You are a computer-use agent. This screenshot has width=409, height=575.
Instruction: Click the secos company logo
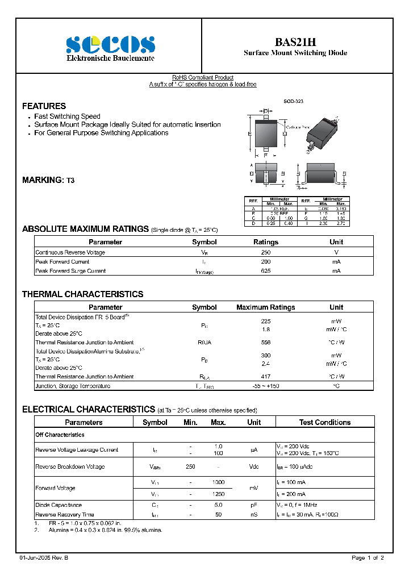pyautogui.click(x=110, y=44)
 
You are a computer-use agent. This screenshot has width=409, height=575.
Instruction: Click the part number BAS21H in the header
pyautogui.click(x=295, y=42)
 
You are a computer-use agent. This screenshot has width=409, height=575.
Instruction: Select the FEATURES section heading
pyautogui.click(x=44, y=106)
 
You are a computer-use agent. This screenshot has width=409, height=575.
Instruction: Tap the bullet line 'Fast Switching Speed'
pyautogui.click(x=67, y=116)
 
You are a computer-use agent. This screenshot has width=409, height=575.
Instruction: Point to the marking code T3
pyautogui.click(x=70, y=180)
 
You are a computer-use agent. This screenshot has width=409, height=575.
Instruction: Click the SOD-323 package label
pyautogui.click(x=294, y=101)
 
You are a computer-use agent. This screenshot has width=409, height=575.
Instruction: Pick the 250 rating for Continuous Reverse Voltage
pyautogui.click(x=265, y=252)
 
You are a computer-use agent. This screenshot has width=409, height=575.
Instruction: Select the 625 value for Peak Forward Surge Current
pyautogui.click(x=265, y=271)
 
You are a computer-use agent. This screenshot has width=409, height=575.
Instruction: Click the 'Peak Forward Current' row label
pyautogui.click(x=62, y=262)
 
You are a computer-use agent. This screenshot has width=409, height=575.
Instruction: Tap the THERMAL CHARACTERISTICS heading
pyautogui.click(x=82, y=294)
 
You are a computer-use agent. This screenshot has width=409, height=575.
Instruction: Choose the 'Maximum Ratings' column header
pyautogui.click(x=265, y=307)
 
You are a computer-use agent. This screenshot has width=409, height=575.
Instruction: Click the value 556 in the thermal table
pyautogui.click(x=265, y=343)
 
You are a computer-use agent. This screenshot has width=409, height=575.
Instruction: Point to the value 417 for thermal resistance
pyautogui.click(x=265, y=377)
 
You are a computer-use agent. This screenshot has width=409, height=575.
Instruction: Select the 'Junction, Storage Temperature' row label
pyautogui.click(x=73, y=386)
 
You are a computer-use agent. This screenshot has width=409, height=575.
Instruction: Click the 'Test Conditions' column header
pyautogui.click(x=324, y=423)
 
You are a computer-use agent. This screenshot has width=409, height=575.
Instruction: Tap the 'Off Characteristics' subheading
pyautogui.click(x=60, y=435)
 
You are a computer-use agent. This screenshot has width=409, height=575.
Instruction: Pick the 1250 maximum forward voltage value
pyautogui.click(x=218, y=494)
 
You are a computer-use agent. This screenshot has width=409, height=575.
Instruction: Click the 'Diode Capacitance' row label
pyautogui.click(x=59, y=505)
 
